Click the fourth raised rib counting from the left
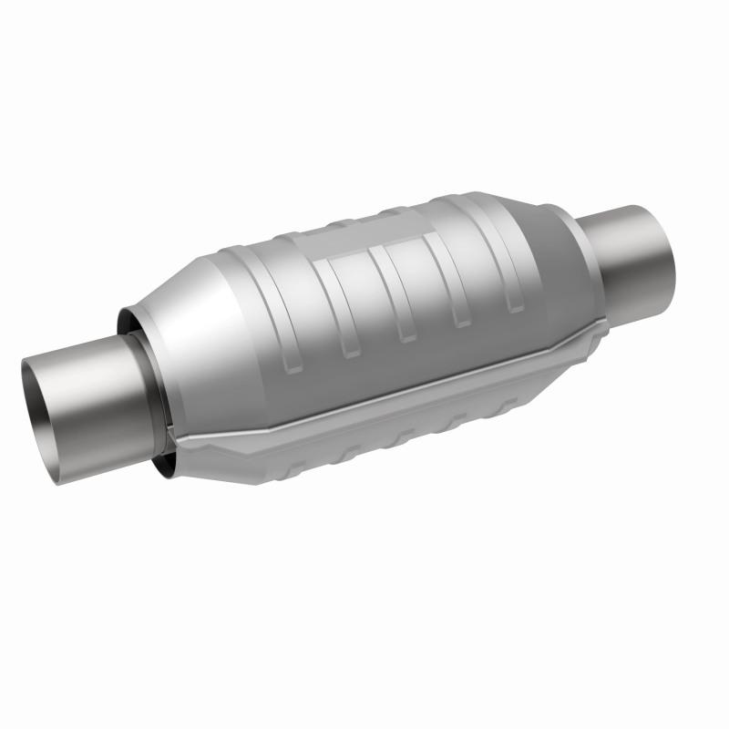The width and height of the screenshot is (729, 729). pyautogui.click(x=456, y=273)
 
